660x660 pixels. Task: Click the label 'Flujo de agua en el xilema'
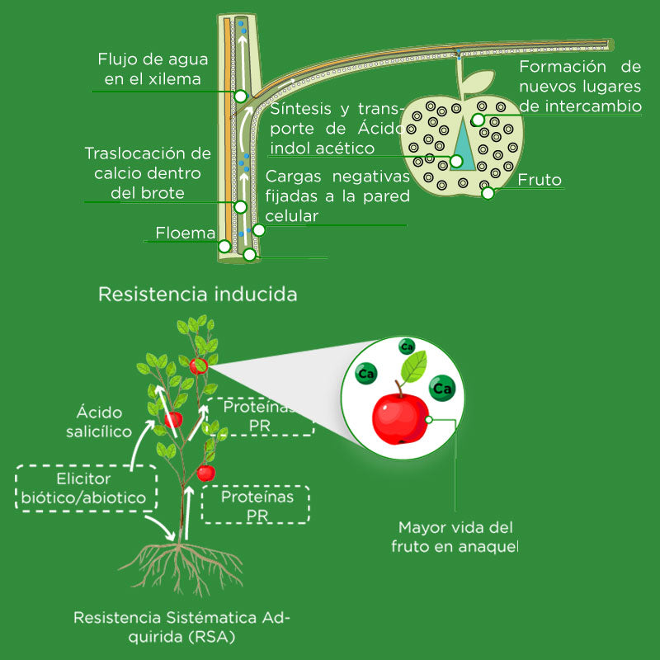(152, 70)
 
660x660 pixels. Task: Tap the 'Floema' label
(185, 233)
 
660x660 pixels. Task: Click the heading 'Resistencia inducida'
(197, 295)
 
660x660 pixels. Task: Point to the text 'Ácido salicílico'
(99, 421)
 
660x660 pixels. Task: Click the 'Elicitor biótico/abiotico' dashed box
(86, 488)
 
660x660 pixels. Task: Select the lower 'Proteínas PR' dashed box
(257, 505)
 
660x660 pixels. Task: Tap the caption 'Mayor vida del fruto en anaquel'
(455, 536)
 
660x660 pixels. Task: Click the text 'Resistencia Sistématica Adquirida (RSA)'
(181, 627)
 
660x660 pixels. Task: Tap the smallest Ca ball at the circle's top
(407, 347)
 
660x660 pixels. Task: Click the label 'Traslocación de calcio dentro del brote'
(147, 173)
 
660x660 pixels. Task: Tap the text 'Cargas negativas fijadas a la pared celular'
(337, 196)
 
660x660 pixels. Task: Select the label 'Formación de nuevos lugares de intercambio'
(579, 86)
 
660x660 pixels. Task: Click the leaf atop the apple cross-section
(477, 82)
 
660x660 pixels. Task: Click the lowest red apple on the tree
(205, 473)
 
